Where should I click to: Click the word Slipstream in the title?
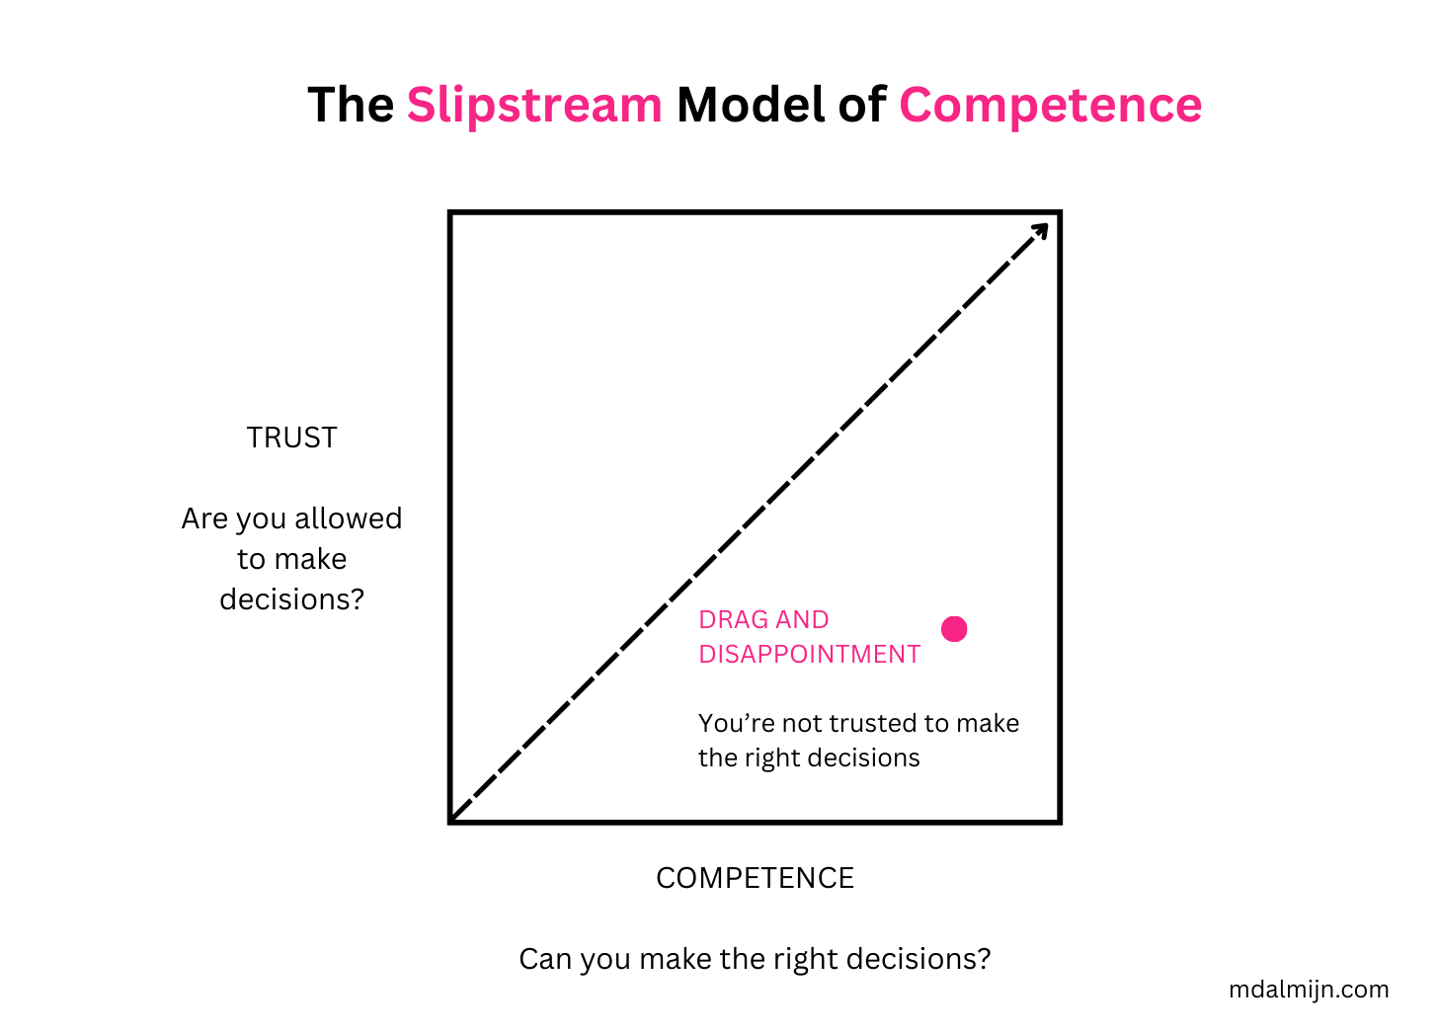(x=534, y=105)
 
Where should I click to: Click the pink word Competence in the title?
(x=1050, y=105)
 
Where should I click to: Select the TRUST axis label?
(x=291, y=438)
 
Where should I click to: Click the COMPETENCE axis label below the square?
(x=755, y=878)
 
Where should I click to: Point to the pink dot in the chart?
(x=954, y=629)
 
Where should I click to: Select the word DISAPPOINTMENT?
(x=809, y=655)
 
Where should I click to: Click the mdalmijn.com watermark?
(x=1309, y=990)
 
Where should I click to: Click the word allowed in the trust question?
(x=349, y=518)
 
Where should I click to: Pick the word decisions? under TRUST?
(x=291, y=599)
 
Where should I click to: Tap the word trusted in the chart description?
(x=873, y=724)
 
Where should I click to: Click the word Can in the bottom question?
(x=543, y=959)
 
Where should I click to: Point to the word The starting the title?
(x=351, y=105)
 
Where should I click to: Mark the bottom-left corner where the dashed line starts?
(x=453, y=819)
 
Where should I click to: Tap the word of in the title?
(x=861, y=105)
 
